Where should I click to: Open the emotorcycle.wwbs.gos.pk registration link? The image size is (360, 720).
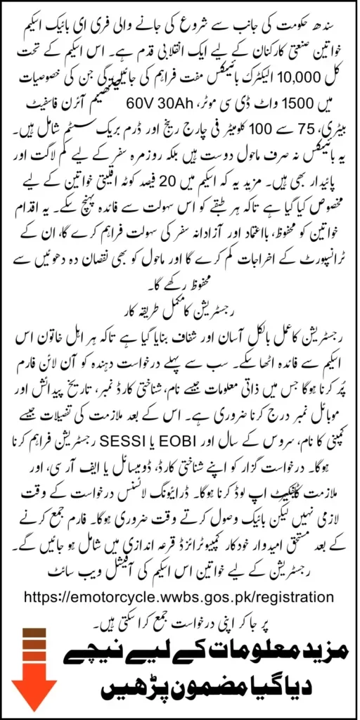179,596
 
